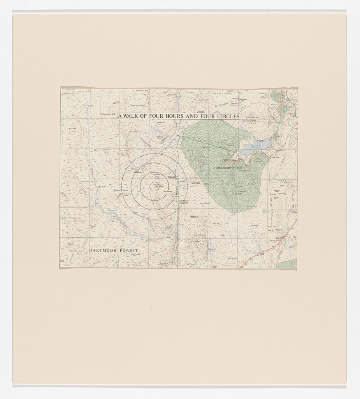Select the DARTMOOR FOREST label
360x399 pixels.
[x=113, y=251]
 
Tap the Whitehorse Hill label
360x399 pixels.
[x=108, y=115]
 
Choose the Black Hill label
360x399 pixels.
[x=72, y=128]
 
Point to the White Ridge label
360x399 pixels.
[x=205, y=203]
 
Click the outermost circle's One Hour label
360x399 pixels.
[x=183, y=202]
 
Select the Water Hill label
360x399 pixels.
[x=271, y=226]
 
